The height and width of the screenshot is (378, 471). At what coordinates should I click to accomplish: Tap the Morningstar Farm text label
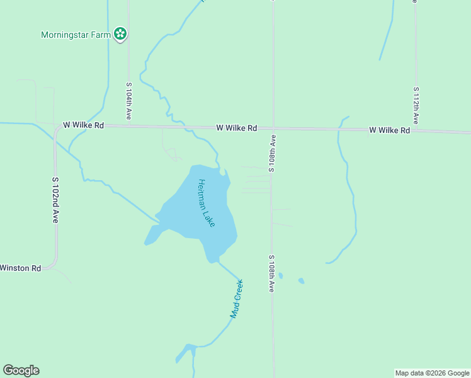pyautogui.click(x=76, y=35)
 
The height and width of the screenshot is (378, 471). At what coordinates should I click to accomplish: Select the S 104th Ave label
pyautogui.click(x=128, y=101)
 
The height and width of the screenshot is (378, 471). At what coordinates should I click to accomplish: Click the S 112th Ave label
pyautogui.click(x=416, y=105)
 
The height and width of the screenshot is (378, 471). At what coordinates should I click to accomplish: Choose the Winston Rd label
pyautogui.click(x=20, y=268)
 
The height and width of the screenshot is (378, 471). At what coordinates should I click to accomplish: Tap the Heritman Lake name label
pyautogui.click(x=206, y=203)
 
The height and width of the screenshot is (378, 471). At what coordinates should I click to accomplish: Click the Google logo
pyautogui.click(x=21, y=370)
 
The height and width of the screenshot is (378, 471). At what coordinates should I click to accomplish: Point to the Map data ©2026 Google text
pyautogui.click(x=432, y=373)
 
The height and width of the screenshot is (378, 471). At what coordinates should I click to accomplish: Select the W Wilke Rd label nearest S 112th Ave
pyautogui.click(x=389, y=130)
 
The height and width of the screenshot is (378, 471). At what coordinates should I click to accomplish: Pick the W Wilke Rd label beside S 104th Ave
pyautogui.click(x=83, y=125)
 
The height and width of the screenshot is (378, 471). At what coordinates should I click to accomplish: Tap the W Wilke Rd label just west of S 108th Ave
pyautogui.click(x=236, y=128)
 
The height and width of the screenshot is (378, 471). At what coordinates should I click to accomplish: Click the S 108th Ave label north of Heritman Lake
pyautogui.click(x=273, y=153)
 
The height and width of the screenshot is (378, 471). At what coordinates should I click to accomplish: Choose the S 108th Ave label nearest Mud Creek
pyautogui.click(x=272, y=273)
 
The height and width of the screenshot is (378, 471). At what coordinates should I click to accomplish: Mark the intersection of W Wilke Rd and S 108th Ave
pyautogui.click(x=273, y=129)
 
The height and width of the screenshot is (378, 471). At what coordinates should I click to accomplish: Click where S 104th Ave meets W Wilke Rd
pyautogui.click(x=128, y=126)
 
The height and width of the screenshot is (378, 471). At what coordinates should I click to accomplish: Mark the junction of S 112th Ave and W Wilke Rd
pyautogui.click(x=416, y=130)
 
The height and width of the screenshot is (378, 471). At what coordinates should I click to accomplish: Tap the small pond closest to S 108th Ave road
pyautogui.click(x=281, y=276)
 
